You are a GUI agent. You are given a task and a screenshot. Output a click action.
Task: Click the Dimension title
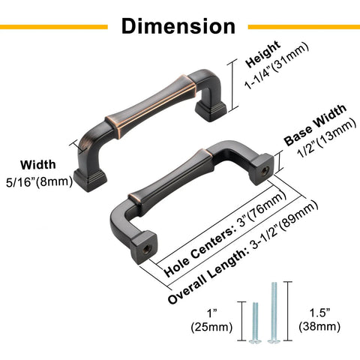pyautogui.click(x=178, y=26)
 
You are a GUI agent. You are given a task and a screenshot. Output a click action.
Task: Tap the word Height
pyautogui.click(x=262, y=54)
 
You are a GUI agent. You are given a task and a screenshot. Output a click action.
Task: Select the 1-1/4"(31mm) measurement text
pyautogui.click(x=276, y=65)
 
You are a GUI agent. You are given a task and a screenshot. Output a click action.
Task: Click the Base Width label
pyautogui.click(x=315, y=124)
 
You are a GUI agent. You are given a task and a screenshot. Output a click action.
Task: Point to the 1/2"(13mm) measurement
pyautogui.click(x=327, y=138)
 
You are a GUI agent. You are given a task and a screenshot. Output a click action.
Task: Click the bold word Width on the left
pyautogui.click(x=38, y=165)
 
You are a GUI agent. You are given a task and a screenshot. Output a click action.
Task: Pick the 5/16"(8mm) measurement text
pyautogui.click(x=40, y=181)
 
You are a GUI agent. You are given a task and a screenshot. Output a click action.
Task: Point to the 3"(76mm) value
pyautogui.click(x=262, y=209)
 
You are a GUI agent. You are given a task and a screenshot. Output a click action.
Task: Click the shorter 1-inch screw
pyautogui.click(x=255, y=322)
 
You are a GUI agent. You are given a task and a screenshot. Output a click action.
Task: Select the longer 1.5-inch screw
pyautogui.click(x=274, y=313)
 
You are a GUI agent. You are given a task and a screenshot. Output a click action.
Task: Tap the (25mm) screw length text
pyautogui.click(x=211, y=327)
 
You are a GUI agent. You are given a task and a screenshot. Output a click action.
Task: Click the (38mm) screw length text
pyautogui.click(x=319, y=326)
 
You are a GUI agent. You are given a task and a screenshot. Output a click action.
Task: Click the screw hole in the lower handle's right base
pyautogui.click(x=264, y=171)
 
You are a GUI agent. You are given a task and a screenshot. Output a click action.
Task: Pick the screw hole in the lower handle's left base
pyautogui.click(x=147, y=249)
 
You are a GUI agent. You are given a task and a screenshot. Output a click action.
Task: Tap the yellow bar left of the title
pyautogui.click(x=54, y=27)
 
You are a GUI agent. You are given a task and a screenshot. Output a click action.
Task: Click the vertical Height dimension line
pyautogui.click(x=232, y=85)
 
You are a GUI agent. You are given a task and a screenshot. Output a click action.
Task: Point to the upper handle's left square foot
pyautogui.click(x=90, y=179)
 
